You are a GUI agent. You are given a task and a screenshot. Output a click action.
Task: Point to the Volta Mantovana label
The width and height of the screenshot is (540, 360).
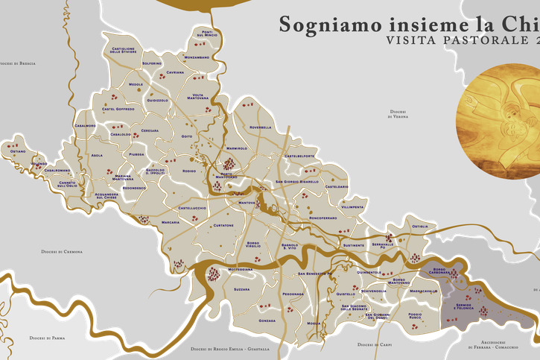197,96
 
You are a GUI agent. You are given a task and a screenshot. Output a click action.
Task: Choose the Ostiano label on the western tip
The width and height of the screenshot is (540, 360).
18,151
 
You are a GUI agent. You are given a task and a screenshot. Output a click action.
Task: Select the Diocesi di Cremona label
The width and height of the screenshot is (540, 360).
62,252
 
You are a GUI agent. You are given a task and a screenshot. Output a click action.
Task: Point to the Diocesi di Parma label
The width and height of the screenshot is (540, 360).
47,338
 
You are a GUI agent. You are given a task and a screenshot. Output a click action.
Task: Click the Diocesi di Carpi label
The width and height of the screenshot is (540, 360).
375,345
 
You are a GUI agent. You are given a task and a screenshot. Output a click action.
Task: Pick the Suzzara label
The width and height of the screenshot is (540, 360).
241,288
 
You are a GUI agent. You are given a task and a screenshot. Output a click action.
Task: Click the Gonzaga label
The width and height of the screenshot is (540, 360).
267,320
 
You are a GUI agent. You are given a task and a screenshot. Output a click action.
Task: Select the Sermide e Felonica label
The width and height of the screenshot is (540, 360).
464,306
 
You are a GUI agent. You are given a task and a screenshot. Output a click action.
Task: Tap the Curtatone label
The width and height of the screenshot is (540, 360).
223,224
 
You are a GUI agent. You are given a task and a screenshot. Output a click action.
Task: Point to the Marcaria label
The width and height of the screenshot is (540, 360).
171,222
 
